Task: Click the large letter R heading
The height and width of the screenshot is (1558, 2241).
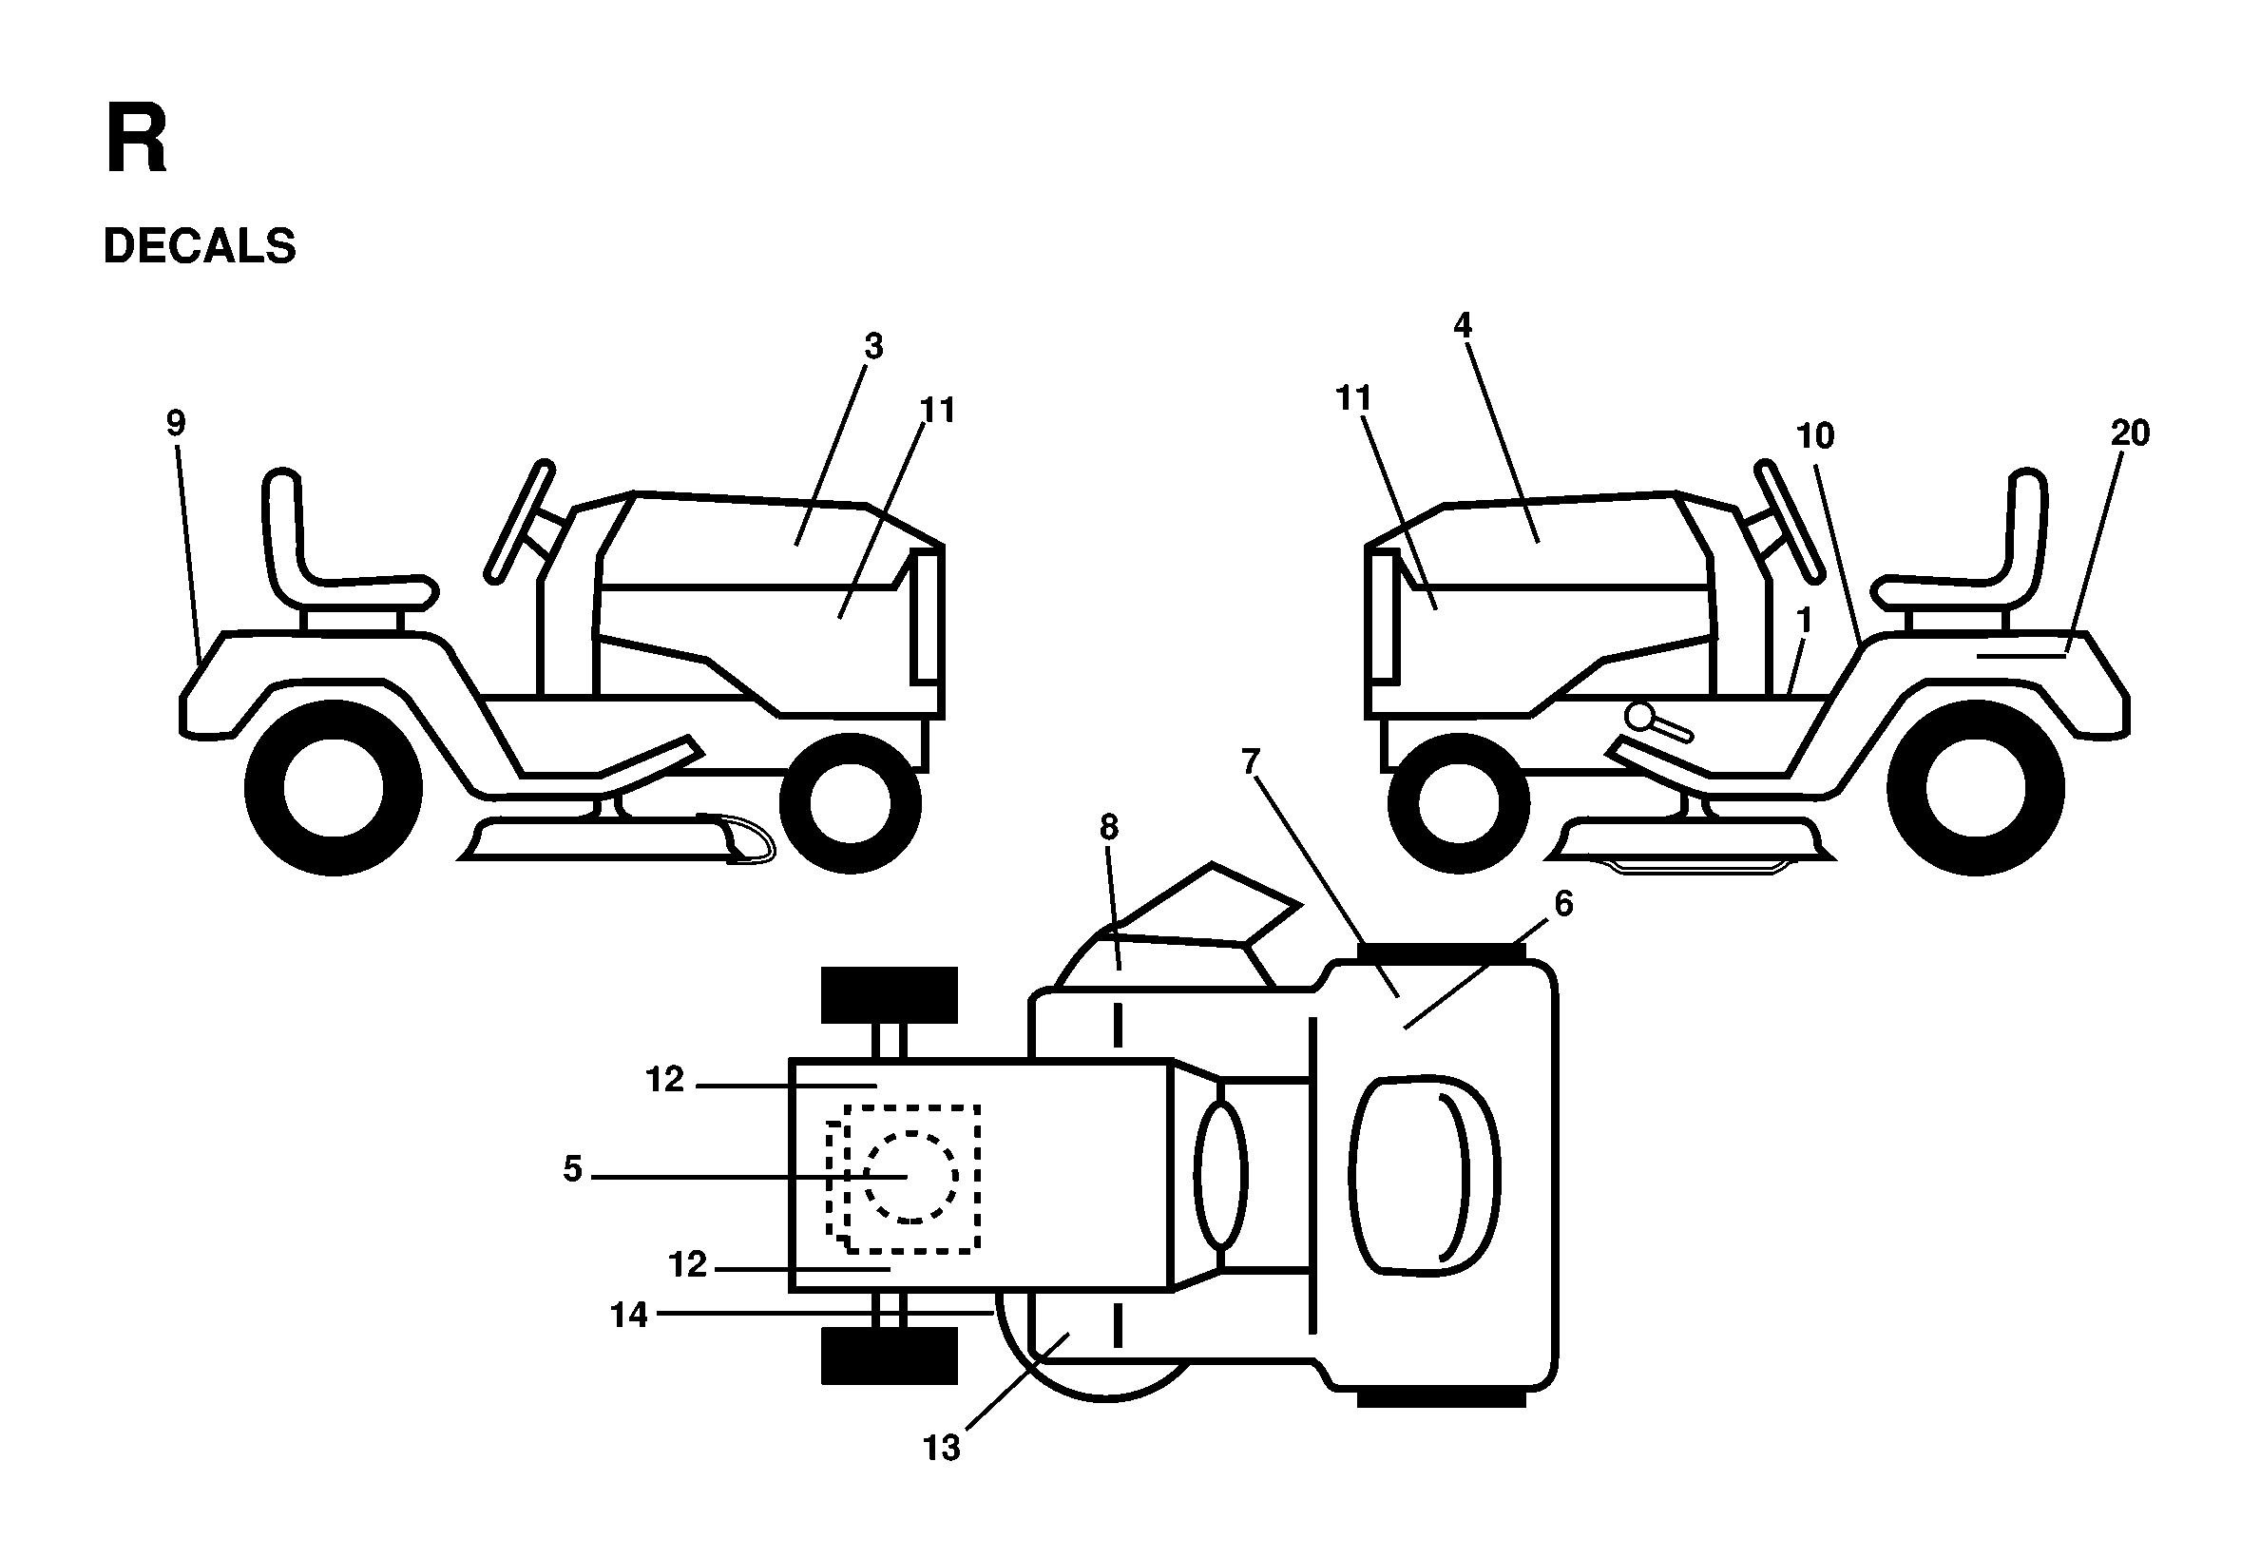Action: point(136,142)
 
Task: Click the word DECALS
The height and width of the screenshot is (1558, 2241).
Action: point(200,246)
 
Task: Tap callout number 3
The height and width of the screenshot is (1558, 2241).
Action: point(873,346)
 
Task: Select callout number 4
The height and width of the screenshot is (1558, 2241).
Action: point(1462,325)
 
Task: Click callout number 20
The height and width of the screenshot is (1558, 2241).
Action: point(2130,433)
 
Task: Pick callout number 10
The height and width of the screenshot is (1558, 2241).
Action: point(1815,435)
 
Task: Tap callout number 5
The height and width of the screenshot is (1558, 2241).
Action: point(572,1168)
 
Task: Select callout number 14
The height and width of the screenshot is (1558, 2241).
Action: point(628,1315)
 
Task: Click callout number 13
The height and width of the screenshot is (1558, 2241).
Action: point(942,1448)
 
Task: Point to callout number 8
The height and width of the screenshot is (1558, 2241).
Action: point(1109,828)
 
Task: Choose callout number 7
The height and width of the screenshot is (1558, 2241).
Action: point(1252,761)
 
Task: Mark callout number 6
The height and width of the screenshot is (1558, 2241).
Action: point(1563,904)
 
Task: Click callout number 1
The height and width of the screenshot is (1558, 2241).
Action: point(1804,620)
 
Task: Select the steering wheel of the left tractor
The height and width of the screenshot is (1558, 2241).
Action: point(519,521)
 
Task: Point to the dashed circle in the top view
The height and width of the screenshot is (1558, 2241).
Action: point(910,1176)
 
